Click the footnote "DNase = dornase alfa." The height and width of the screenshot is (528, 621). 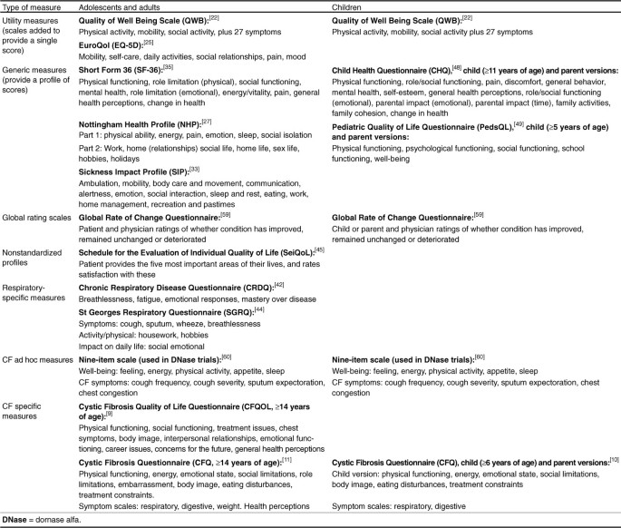[x=48, y=518]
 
